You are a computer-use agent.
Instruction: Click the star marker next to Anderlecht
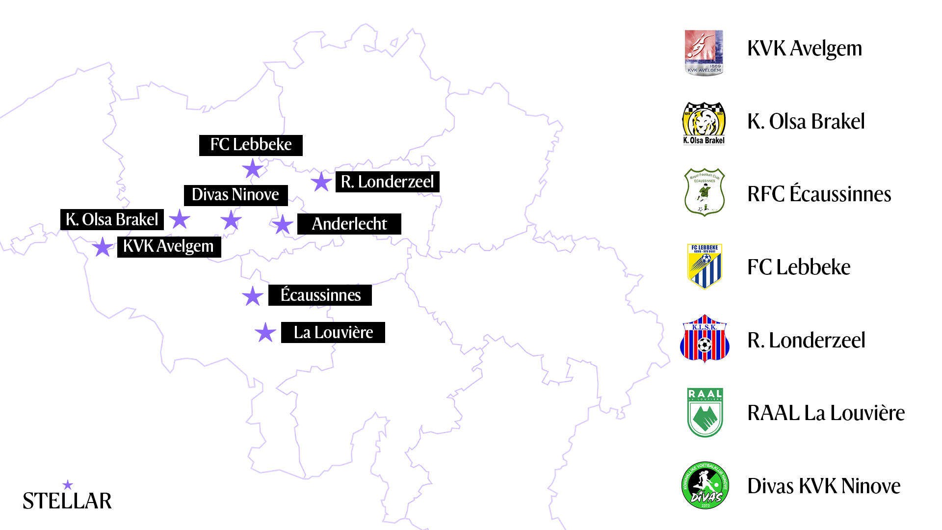283,225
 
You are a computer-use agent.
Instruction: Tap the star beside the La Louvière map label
265,333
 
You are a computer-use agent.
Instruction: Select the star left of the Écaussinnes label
253,296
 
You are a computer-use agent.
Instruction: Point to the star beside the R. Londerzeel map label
321,182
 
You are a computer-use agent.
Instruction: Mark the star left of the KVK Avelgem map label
103,247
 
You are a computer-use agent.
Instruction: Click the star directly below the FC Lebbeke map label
253,169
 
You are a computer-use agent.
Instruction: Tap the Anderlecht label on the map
349,224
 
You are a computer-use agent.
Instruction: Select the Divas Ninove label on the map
235,195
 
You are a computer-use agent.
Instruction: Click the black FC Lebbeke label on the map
251,145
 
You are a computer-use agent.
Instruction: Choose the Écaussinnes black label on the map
320,295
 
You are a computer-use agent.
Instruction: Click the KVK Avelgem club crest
704,53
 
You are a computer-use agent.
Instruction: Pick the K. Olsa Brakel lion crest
704,123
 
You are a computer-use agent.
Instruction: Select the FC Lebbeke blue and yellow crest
705,266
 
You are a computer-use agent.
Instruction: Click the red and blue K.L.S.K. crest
705,339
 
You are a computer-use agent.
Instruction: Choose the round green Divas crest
705,485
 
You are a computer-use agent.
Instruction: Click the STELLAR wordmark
67,501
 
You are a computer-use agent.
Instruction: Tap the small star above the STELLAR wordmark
68,485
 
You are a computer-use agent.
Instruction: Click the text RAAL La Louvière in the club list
826,413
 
